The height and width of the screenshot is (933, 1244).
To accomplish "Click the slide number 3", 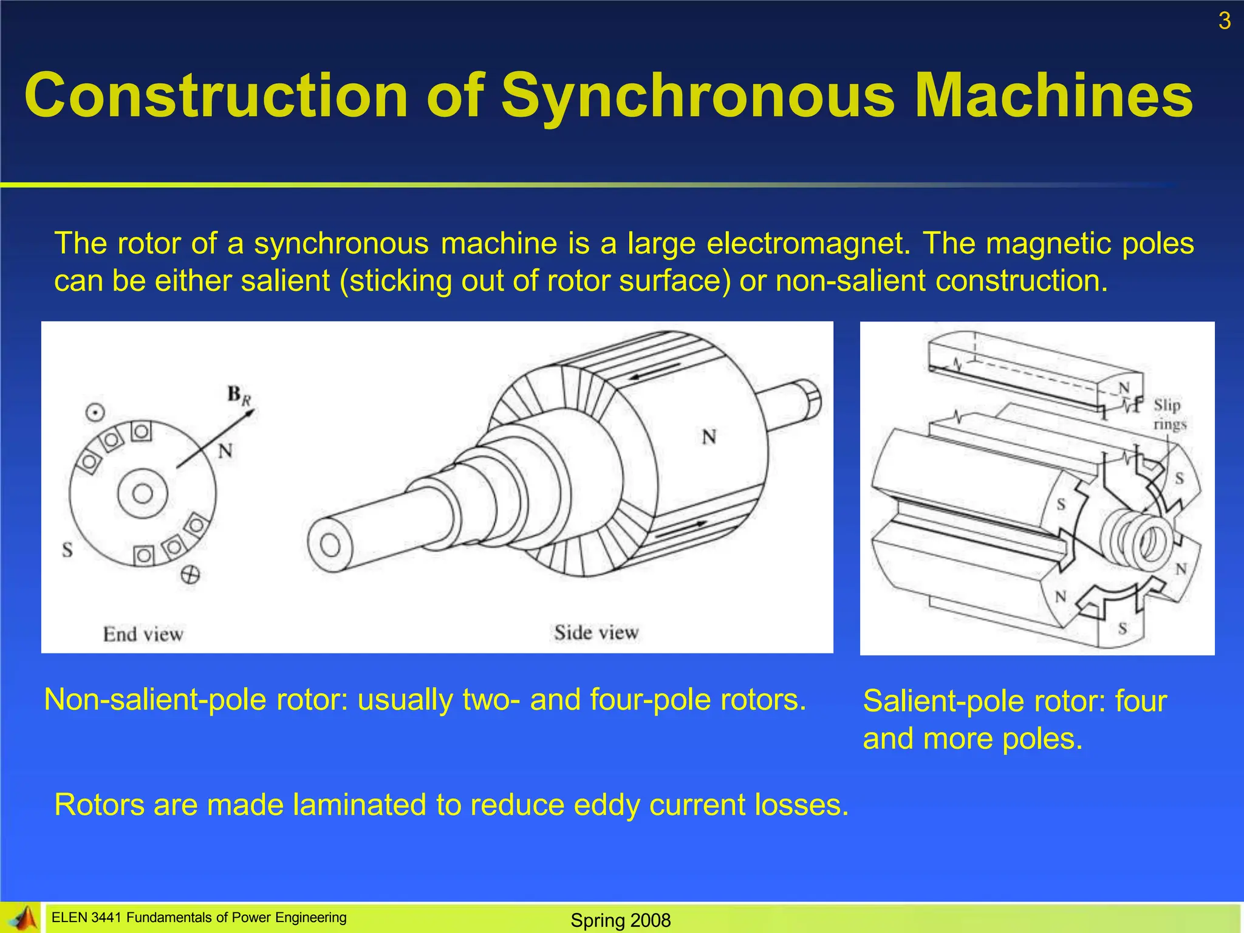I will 1225,21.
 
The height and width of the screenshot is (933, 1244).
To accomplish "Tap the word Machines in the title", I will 1053,96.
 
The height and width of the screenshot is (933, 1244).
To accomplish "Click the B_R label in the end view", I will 239,395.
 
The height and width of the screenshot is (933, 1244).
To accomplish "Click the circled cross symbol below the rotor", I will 190,575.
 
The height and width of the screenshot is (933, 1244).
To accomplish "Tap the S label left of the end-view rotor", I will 67,550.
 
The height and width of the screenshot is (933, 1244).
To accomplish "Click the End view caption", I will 143,634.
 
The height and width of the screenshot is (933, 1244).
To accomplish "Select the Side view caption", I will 596,633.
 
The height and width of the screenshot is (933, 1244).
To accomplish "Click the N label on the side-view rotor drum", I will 709,437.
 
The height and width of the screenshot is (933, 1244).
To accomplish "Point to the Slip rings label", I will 1169,414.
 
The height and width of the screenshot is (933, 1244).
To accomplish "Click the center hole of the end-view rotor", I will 143,493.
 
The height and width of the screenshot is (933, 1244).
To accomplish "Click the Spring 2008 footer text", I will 620,920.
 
